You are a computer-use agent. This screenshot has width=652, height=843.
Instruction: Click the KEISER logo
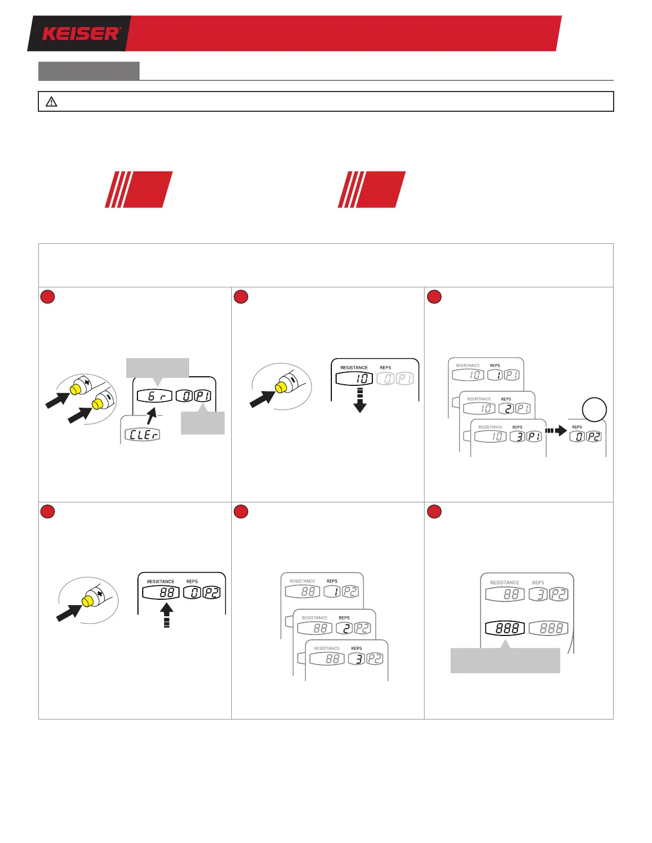point(81,34)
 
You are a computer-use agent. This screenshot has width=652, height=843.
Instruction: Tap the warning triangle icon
point(51,102)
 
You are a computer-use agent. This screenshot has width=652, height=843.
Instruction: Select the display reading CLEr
point(142,434)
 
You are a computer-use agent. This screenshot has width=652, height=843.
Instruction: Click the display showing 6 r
point(154,396)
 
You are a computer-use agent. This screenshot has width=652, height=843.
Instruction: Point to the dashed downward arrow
point(360,400)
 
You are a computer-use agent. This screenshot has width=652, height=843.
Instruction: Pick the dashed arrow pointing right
point(556,431)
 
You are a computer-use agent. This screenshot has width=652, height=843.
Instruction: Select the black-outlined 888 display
point(505,628)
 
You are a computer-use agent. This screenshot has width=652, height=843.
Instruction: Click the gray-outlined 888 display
point(549,628)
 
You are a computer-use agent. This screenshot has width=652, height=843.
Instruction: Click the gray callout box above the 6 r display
point(157,368)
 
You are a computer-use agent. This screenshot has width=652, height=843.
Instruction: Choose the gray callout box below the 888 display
point(505,660)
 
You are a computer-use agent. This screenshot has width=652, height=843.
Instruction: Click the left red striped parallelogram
point(138,189)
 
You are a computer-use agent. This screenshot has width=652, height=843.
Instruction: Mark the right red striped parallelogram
point(372,189)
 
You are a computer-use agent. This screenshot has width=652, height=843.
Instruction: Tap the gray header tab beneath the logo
point(89,71)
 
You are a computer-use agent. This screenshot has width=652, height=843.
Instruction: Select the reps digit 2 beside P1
point(506,409)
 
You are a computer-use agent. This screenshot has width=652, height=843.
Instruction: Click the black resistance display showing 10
point(354,378)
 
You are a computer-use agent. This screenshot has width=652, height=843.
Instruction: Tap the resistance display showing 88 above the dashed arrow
point(161,592)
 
